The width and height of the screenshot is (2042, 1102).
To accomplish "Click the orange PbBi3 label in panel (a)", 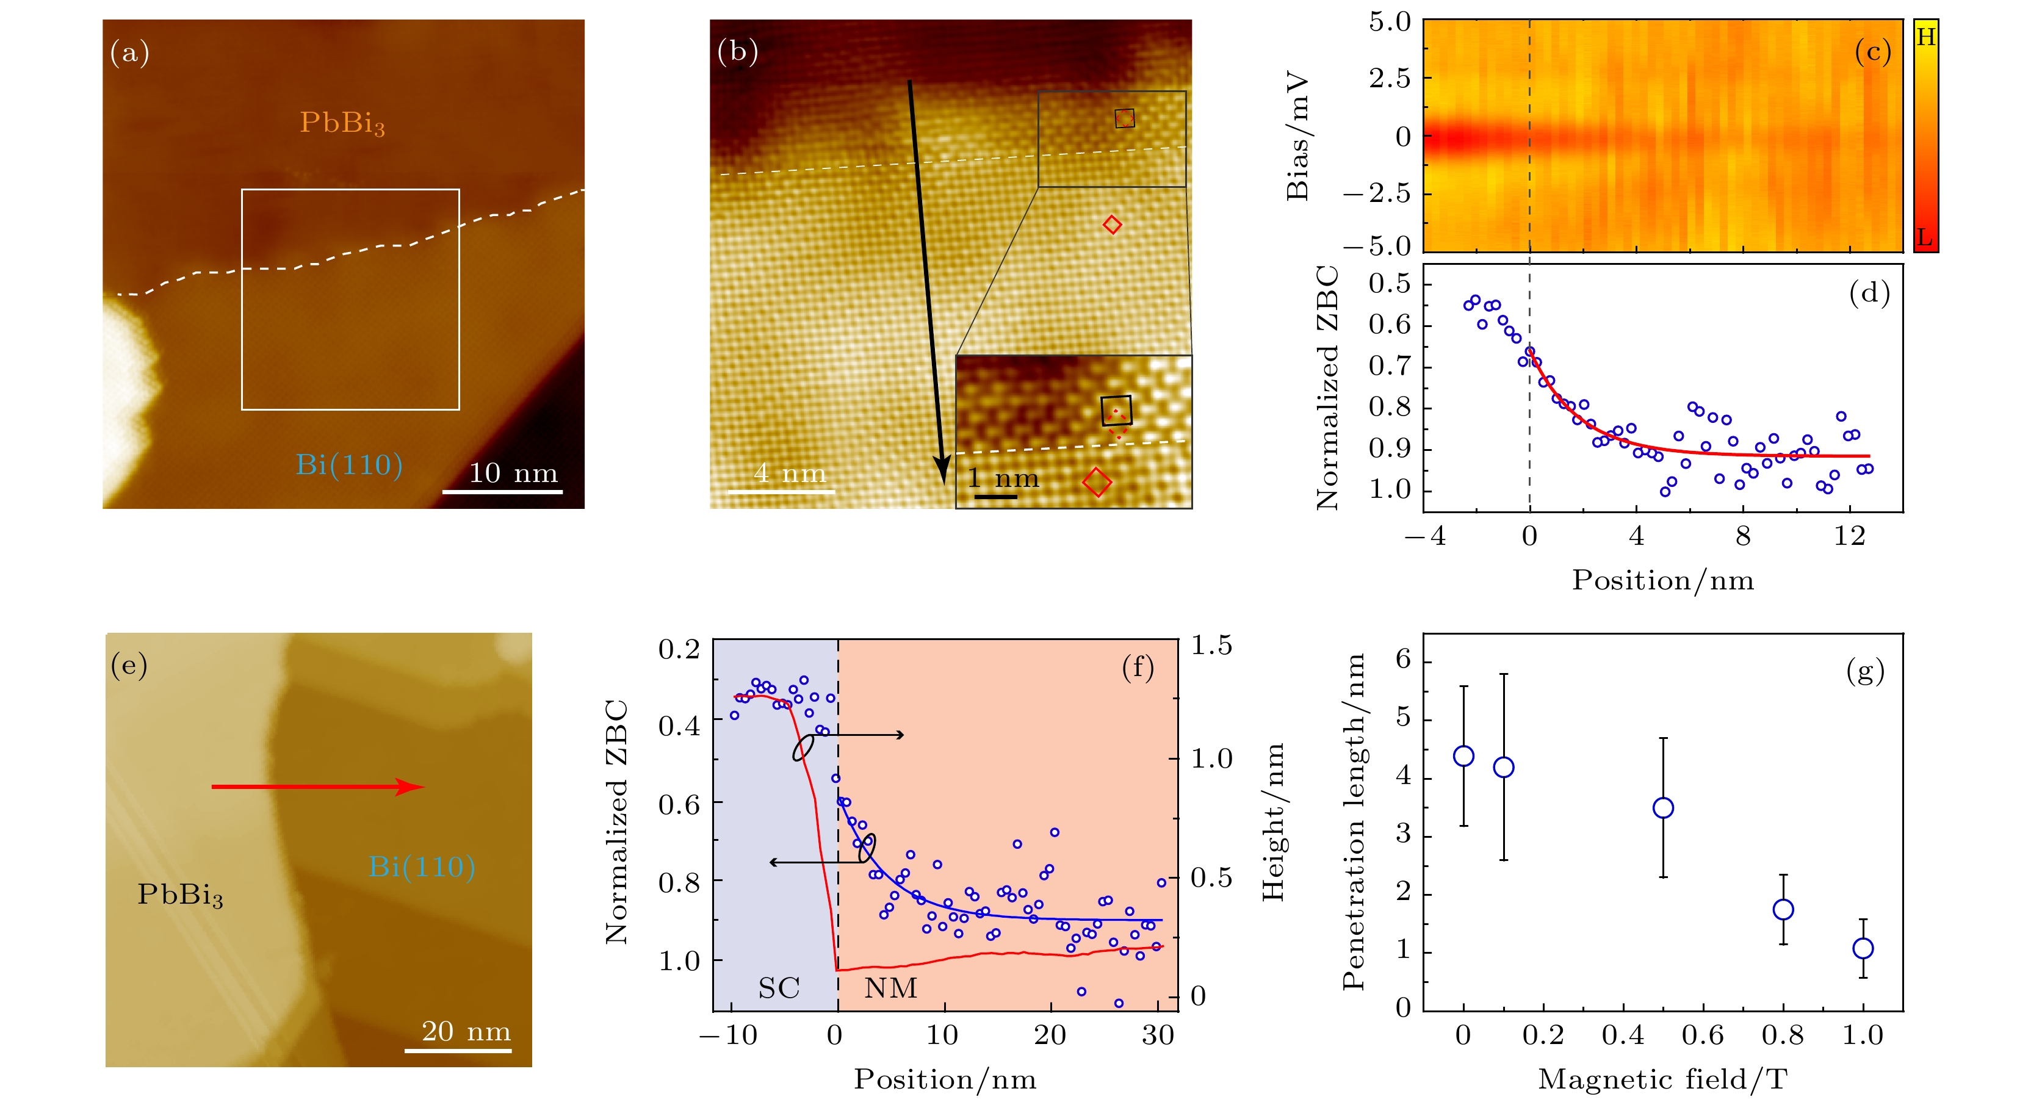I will pos(342,123).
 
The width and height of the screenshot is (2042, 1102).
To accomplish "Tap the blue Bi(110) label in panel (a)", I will pos(349,464).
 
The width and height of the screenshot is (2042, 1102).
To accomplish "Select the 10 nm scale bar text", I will pos(513,474).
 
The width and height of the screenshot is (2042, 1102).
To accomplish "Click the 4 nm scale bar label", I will pos(788,474).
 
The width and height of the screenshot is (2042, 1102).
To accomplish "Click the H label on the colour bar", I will pos(1925,37).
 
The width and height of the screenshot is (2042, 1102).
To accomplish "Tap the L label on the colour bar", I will pos(1925,237).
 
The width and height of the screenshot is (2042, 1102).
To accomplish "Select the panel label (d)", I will pos(1869,294).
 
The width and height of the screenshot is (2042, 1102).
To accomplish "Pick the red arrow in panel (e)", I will pos(317,787).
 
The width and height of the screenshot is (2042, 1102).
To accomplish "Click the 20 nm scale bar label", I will pos(465,1031).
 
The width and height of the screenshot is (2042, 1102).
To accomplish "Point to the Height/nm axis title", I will pos(1272,821).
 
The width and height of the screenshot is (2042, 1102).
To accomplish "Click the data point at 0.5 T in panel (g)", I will pos(1663,808).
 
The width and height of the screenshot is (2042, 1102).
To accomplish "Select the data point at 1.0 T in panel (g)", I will pos(1863,948).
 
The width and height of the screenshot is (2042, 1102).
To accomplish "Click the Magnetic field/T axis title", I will pos(1662,1079).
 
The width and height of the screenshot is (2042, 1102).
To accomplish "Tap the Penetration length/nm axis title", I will pos(1354,821).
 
